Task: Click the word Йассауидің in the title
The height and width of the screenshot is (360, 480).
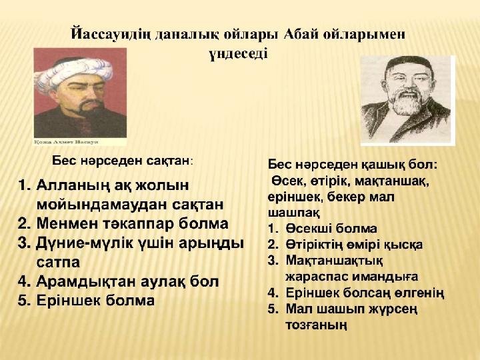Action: tap(111, 34)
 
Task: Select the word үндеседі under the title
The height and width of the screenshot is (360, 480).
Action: tap(239, 53)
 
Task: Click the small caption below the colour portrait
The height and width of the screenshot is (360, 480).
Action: tap(66, 142)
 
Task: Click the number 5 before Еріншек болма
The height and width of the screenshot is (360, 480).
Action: tap(23, 301)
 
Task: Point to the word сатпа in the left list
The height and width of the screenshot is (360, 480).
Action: tap(58, 263)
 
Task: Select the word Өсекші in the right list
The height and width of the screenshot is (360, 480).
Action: tap(309, 229)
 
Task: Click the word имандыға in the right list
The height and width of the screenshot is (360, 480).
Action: tap(385, 277)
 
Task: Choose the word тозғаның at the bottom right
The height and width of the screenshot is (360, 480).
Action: tap(317, 325)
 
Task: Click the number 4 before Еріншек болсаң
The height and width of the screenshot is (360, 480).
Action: tap(272, 293)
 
